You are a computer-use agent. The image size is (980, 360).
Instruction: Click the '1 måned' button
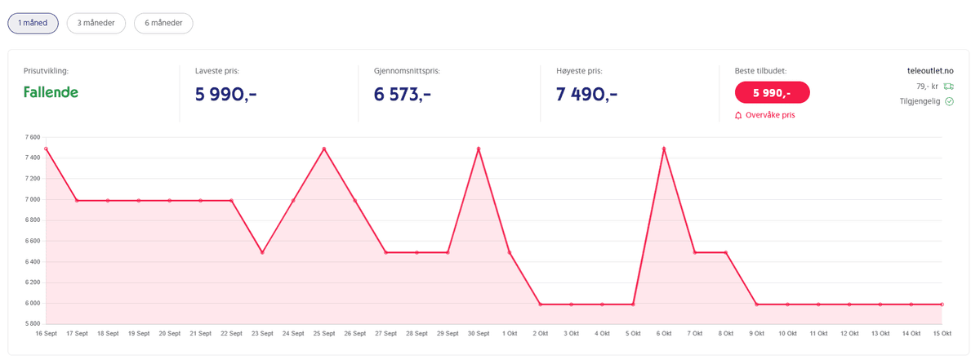click(33, 23)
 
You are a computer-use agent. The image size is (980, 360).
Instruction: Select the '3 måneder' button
click(96, 23)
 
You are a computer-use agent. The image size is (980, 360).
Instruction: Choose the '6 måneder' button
click(163, 23)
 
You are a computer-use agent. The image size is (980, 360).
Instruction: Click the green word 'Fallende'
click(51, 92)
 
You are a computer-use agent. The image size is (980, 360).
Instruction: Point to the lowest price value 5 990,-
click(226, 94)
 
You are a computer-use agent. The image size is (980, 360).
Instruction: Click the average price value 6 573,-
click(403, 94)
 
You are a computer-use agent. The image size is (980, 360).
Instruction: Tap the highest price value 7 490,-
click(586, 94)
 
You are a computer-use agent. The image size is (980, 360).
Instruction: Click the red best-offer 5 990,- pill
click(772, 92)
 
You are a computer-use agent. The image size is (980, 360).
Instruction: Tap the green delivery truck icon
click(948, 86)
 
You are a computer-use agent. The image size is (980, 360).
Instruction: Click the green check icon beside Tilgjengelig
click(950, 101)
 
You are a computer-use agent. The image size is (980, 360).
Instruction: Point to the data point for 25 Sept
click(324, 149)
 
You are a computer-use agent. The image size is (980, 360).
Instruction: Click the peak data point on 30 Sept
click(479, 149)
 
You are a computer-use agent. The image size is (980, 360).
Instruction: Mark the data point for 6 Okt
click(664, 149)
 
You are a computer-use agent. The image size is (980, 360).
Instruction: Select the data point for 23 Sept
click(262, 252)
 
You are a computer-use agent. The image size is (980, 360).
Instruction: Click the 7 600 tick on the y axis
click(32, 137)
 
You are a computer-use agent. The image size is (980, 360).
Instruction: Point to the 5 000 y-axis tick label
click(32, 324)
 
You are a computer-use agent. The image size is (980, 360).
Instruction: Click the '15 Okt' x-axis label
click(942, 334)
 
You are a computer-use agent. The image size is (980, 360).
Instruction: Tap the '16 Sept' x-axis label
click(47, 334)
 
